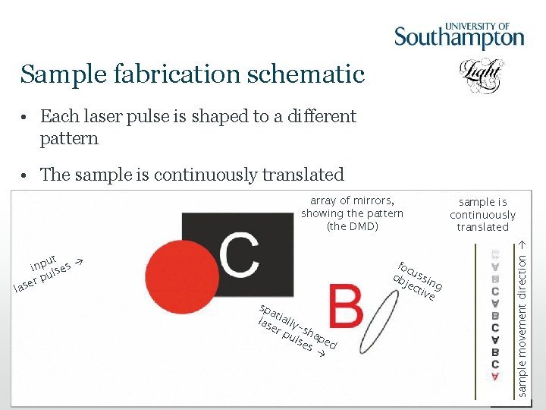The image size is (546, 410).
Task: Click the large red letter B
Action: [345, 307]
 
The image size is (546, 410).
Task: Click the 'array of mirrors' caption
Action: [352, 200]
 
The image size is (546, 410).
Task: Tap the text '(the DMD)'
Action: [352, 226]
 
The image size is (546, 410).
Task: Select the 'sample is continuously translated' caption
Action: [483, 214]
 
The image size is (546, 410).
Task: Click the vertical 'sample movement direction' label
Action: [522, 317]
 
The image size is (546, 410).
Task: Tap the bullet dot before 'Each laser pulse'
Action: [26, 118]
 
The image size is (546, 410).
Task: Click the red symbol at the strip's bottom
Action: [495, 377]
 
